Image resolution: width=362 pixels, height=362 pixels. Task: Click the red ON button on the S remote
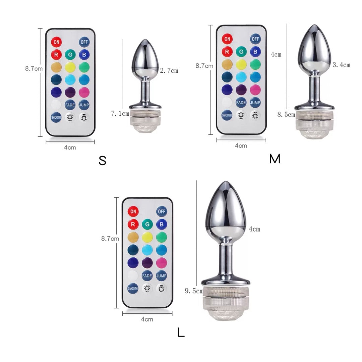tap(56, 42)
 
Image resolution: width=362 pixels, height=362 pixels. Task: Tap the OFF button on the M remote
tap(255, 39)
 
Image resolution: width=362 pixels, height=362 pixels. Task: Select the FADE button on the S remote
tap(70, 105)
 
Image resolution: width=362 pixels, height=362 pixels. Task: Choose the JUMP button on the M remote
tap(255, 103)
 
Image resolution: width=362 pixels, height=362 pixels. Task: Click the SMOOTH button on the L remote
tap(133, 288)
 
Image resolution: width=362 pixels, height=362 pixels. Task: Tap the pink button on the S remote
tap(84, 93)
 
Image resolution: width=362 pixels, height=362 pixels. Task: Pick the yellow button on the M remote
tap(241, 64)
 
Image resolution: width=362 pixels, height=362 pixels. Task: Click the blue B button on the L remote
tap(161, 224)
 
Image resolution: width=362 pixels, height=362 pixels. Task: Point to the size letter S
tap(102, 161)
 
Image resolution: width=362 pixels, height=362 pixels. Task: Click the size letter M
tap(275, 159)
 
